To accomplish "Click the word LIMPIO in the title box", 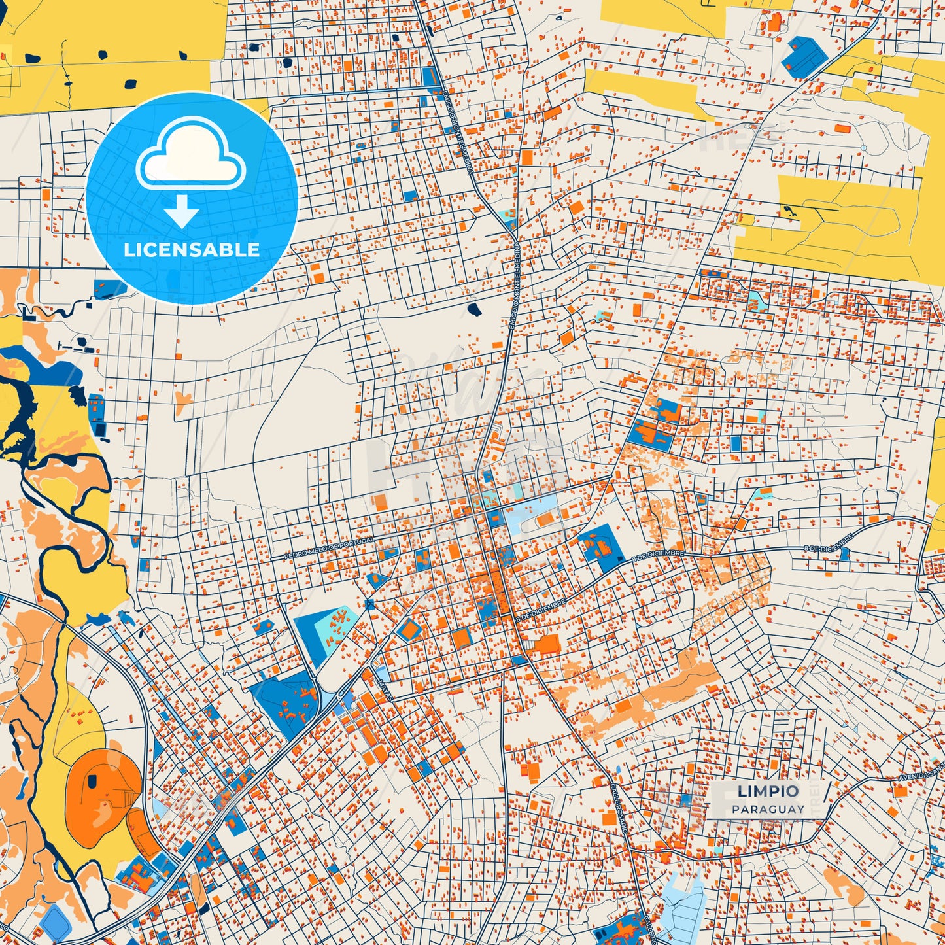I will click(768, 791).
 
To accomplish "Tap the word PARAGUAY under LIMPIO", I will click(768, 809).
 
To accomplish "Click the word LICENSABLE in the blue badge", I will click(192, 250).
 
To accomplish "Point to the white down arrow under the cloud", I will click(181, 213).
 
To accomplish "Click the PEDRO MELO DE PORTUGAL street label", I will click(329, 548).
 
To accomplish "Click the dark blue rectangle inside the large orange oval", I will click(93, 780).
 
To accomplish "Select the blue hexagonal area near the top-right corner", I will click(804, 55).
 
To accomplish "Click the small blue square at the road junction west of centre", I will click(369, 604).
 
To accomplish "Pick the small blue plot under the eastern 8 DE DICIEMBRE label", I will click(845, 555).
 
